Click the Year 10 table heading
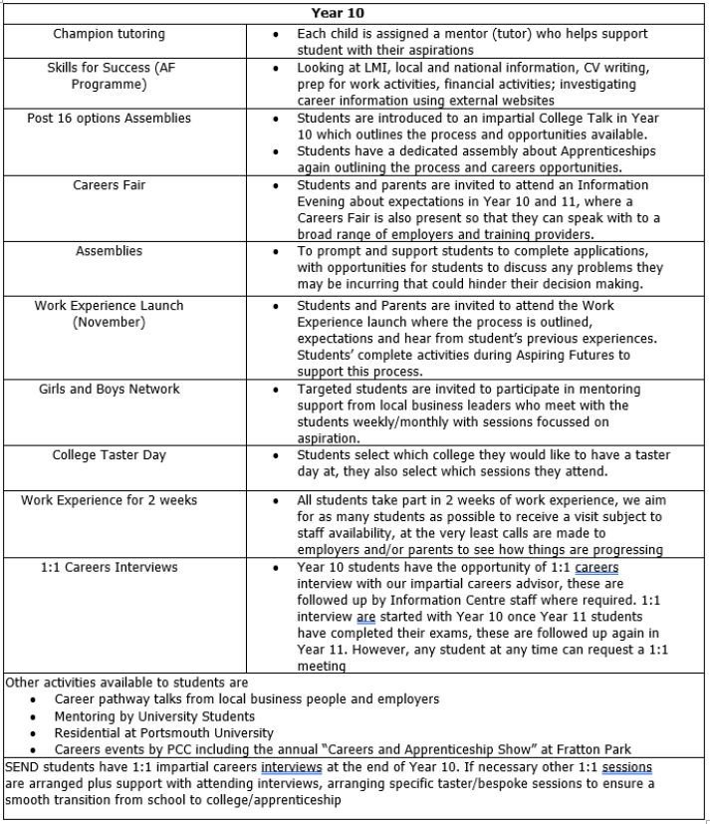pyautogui.click(x=354, y=13)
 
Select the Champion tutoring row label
pyautogui.click(x=110, y=34)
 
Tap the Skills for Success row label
pyautogui.click(x=110, y=76)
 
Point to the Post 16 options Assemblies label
pyautogui.click(x=110, y=118)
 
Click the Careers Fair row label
pyautogui.click(x=110, y=185)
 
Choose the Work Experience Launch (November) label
pyautogui.click(x=110, y=314)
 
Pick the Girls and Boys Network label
pyautogui.click(x=110, y=389)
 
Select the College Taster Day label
pyautogui.click(x=110, y=455)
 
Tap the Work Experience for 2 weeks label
pyautogui.click(x=110, y=500)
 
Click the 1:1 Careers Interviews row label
pyautogui.click(x=110, y=567)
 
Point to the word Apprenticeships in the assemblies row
pyautogui.click(x=603, y=151)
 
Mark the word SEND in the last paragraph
pyautogui.click(x=23, y=767)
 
